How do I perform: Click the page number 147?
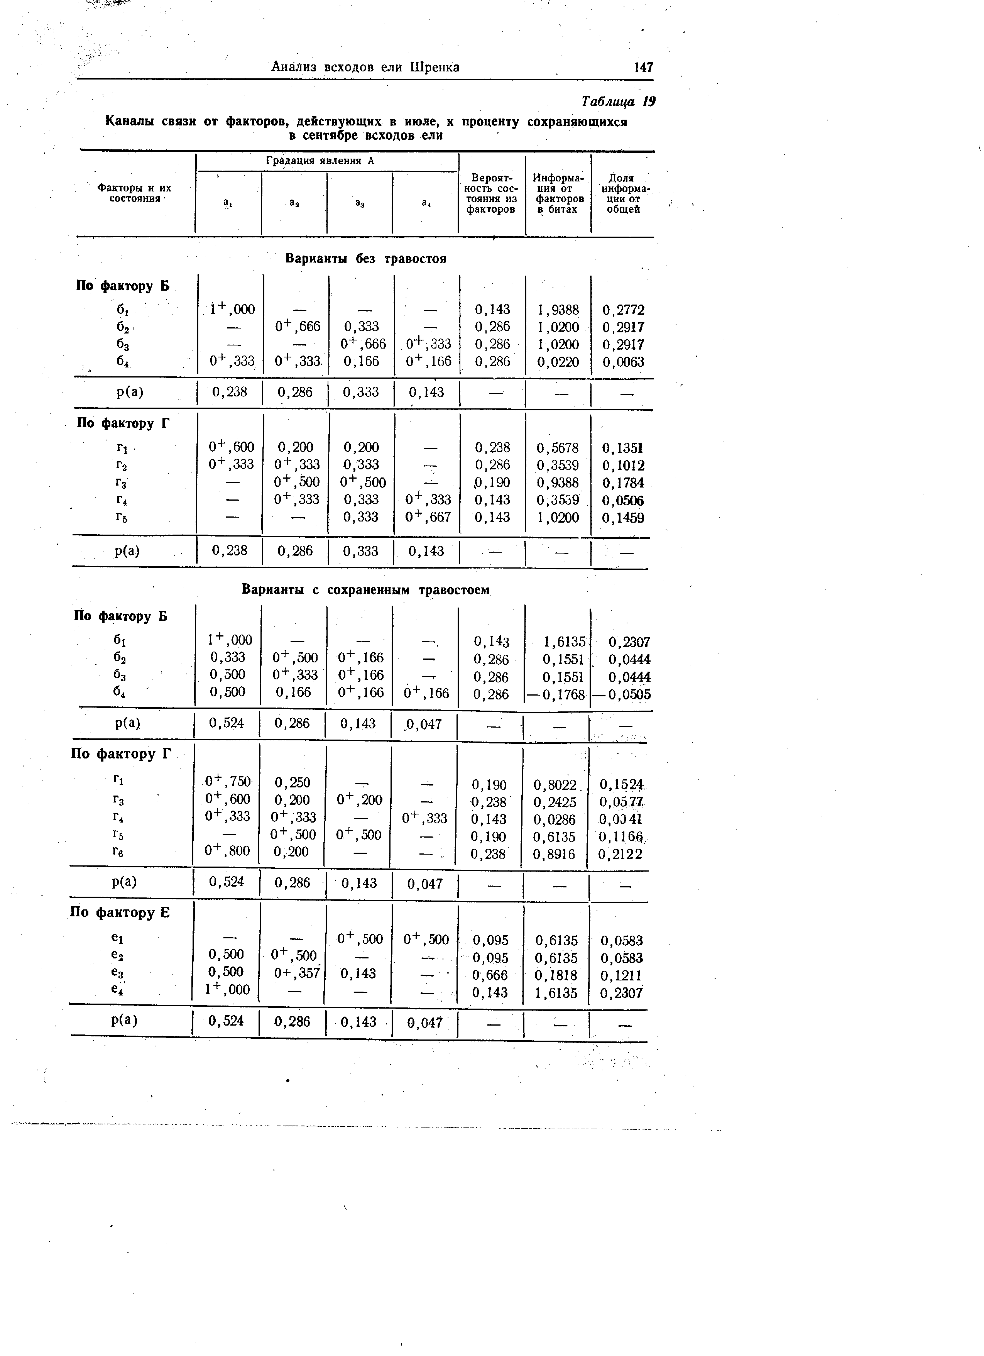click(x=643, y=67)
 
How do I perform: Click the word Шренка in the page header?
click(x=435, y=67)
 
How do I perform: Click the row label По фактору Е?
click(x=120, y=912)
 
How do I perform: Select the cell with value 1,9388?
click(x=558, y=310)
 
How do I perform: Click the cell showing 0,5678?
click(x=558, y=447)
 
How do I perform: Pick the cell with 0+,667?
click(x=428, y=516)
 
